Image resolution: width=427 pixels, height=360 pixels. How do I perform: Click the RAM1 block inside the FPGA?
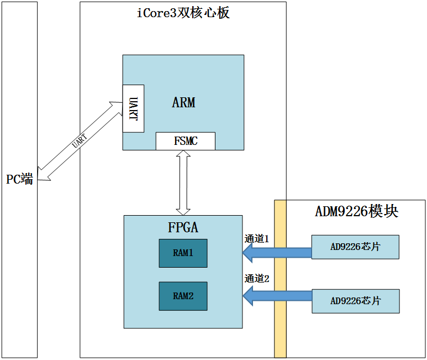click(183, 253)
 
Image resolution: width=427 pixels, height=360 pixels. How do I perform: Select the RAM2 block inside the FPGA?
click(183, 296)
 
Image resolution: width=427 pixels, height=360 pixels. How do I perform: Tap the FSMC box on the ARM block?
click(185, 141)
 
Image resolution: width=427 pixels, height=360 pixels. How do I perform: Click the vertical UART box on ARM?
click(133, 108)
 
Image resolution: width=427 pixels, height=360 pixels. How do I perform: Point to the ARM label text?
click(183, 103)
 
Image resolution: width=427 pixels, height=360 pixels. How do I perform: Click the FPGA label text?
click(183, 227)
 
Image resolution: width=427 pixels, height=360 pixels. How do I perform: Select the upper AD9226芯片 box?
click(355, 247)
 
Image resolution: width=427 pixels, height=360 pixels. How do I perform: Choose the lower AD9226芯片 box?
click(355, 301)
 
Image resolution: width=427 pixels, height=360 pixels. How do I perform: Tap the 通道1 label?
click(256, 239)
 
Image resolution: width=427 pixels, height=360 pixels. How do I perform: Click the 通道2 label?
click(256, 279)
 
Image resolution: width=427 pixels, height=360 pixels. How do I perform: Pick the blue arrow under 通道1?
click(276, 253)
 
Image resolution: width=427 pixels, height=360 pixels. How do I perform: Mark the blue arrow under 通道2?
click(276, 295)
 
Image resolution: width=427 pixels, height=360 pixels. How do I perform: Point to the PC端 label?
click(19, 179)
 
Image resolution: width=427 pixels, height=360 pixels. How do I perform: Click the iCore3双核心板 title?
click(183, 13)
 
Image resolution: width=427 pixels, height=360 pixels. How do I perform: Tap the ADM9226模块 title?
click(356, 212)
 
